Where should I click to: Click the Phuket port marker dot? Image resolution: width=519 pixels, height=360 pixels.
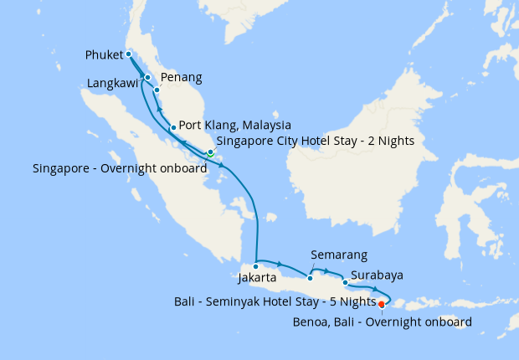tap(129, 54)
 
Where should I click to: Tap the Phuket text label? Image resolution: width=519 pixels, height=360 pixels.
tap(105, 56)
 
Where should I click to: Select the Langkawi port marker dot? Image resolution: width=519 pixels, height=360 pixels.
tap(148, 78)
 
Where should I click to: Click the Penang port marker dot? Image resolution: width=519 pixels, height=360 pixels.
tap(157, 89)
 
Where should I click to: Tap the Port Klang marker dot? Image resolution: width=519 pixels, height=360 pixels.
tap(172, 128)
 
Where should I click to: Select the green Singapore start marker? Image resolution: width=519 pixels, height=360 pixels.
tap(211, 153)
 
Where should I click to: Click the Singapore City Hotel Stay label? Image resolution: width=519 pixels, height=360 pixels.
tap(316, 141)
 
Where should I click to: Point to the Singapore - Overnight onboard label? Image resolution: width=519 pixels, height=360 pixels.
tap(120, 168)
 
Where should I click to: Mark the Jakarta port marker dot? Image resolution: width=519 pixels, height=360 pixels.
tap(256, 266)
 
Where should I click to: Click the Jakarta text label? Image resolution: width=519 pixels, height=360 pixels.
tap(257, 278)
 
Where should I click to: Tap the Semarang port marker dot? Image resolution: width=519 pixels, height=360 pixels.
tap(310, 277)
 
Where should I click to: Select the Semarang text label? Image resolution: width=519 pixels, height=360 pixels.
tap(338, 255)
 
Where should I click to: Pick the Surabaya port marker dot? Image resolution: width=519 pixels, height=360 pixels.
tap(345, 282)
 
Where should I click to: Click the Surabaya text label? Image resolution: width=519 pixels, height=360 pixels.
tap(378, 274)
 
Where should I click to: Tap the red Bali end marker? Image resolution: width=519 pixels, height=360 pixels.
tap(382, 304)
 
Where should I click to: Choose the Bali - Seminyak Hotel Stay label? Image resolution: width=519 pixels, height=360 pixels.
tap(275, 300)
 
